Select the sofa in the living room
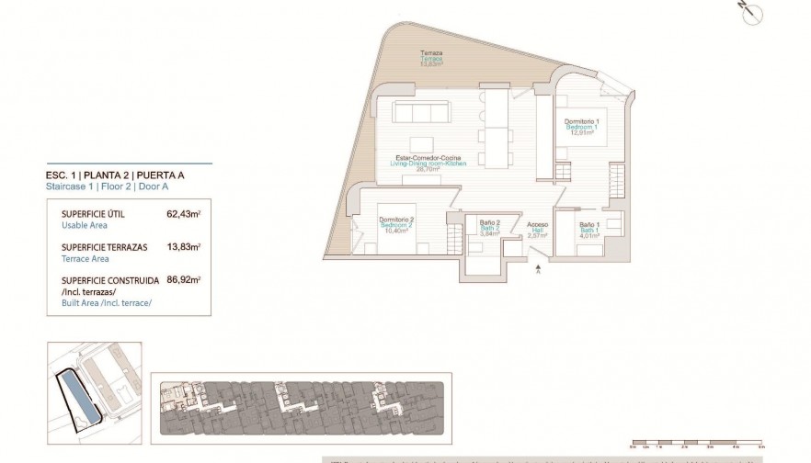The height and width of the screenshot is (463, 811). (x=422, y=112)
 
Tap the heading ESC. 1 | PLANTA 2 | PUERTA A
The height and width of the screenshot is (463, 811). (x=120, y=175)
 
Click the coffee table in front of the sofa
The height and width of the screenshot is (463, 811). (x=422, y=145)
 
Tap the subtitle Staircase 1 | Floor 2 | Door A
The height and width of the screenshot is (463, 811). (x=107, y=186)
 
